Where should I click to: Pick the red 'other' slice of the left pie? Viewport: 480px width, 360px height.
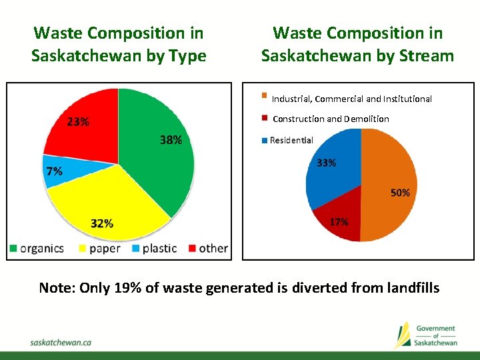83,127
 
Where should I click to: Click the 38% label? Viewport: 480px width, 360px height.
171,140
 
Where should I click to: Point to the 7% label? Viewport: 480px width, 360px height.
54,171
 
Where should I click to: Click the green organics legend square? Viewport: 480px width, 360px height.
13,249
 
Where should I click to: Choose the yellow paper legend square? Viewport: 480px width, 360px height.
83,249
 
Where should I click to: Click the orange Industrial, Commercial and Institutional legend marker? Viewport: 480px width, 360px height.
264,95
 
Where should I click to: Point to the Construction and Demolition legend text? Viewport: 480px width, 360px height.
331,119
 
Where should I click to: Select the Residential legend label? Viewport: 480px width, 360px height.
291,140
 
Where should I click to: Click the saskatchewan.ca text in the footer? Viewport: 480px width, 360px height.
61,341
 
